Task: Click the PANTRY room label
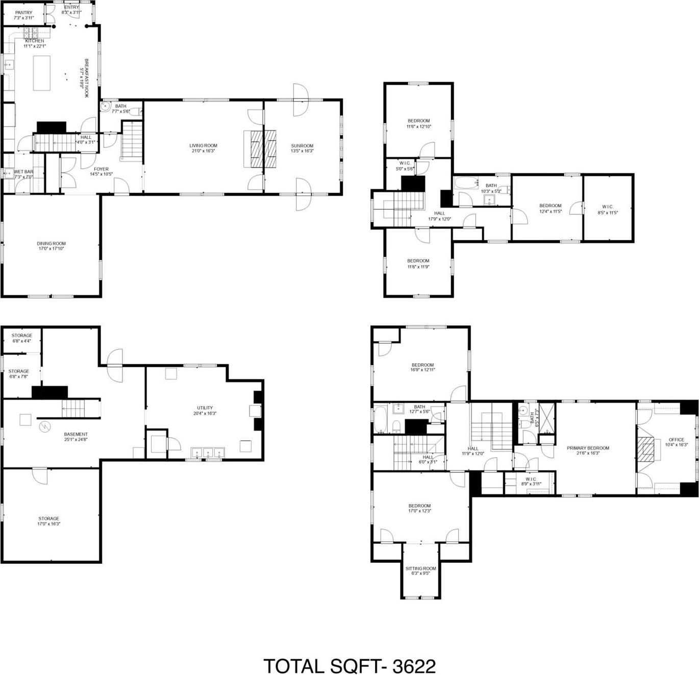pos(23,13)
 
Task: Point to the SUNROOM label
pos(302,146)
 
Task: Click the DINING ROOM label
pos(51,244)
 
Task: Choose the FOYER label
pos(101,169)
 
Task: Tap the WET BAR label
pos(23,172)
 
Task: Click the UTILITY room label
pos(205,408)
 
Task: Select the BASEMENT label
pos(76,435)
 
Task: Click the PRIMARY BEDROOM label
pos(588,448)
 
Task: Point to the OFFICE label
pos(676,440)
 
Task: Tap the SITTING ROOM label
pos(420,568)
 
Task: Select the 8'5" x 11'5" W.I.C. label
pos(608,207)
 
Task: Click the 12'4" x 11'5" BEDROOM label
pos(550,206)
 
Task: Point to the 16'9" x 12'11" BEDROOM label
pos(422,365)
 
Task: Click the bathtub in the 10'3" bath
pos(465,184)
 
